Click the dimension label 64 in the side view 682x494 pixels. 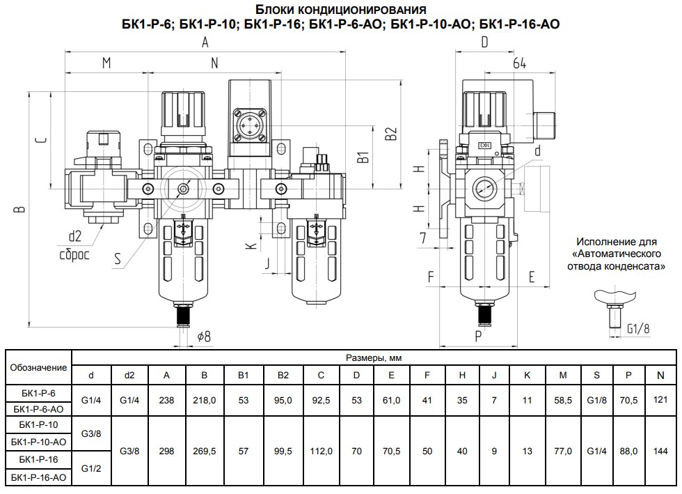point(519,63)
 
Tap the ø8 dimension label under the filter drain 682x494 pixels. point(204,337)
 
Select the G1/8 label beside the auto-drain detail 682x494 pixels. point(638,328)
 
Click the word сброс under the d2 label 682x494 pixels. point(74,254)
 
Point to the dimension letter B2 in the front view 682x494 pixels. point(391,134)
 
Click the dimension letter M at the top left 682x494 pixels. point(106,63)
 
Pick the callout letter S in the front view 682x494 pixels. point(118,258)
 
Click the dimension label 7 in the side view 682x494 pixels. point(423,238)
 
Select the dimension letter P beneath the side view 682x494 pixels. point(479,337)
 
